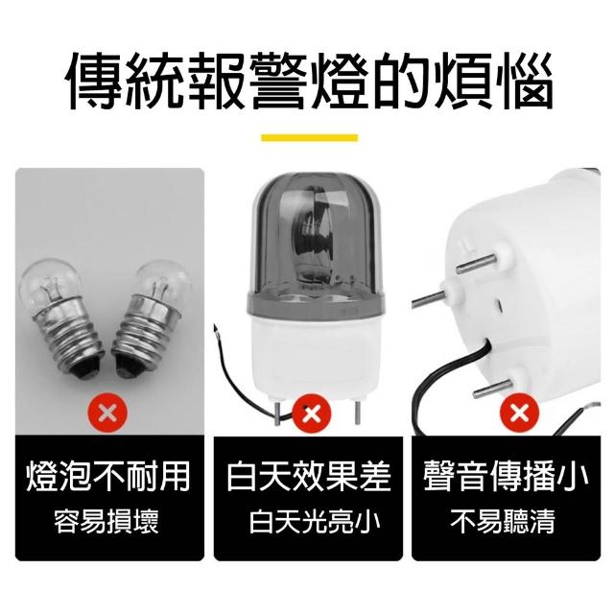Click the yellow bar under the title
point(309,138)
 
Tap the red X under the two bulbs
point(107,413)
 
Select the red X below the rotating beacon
point(312,413)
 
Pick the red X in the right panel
point(520,413)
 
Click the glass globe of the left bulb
point(51,283)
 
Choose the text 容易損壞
point(106,521)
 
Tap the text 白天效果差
point(309,477)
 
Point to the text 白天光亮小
point(315,521)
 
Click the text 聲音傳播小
point(506,477)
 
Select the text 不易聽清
point(503,521)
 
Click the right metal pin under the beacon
point(356,413)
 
